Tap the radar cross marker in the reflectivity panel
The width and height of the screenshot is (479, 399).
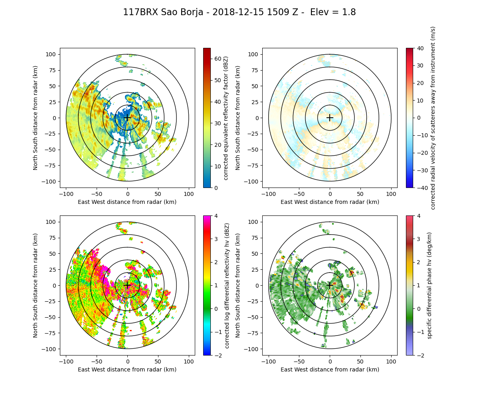(x=127, y=118)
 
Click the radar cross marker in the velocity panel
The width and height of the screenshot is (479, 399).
(x=330, y=118)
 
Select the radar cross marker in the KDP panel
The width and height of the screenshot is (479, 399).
(x=330, y=285)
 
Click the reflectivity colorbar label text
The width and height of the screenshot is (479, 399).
(x=226, y=118)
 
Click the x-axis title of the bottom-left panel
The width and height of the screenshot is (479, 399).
(x=127, y=369)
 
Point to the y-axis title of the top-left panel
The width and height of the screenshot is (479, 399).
(x=36, y=118)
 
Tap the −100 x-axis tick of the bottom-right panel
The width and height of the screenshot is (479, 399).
(x=269, y=361)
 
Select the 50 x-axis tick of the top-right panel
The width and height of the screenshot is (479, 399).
(x=360, y=194)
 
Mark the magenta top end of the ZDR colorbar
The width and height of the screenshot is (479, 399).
(x=207, y=217)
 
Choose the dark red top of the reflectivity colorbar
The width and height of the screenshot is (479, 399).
(x=207, y=49)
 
